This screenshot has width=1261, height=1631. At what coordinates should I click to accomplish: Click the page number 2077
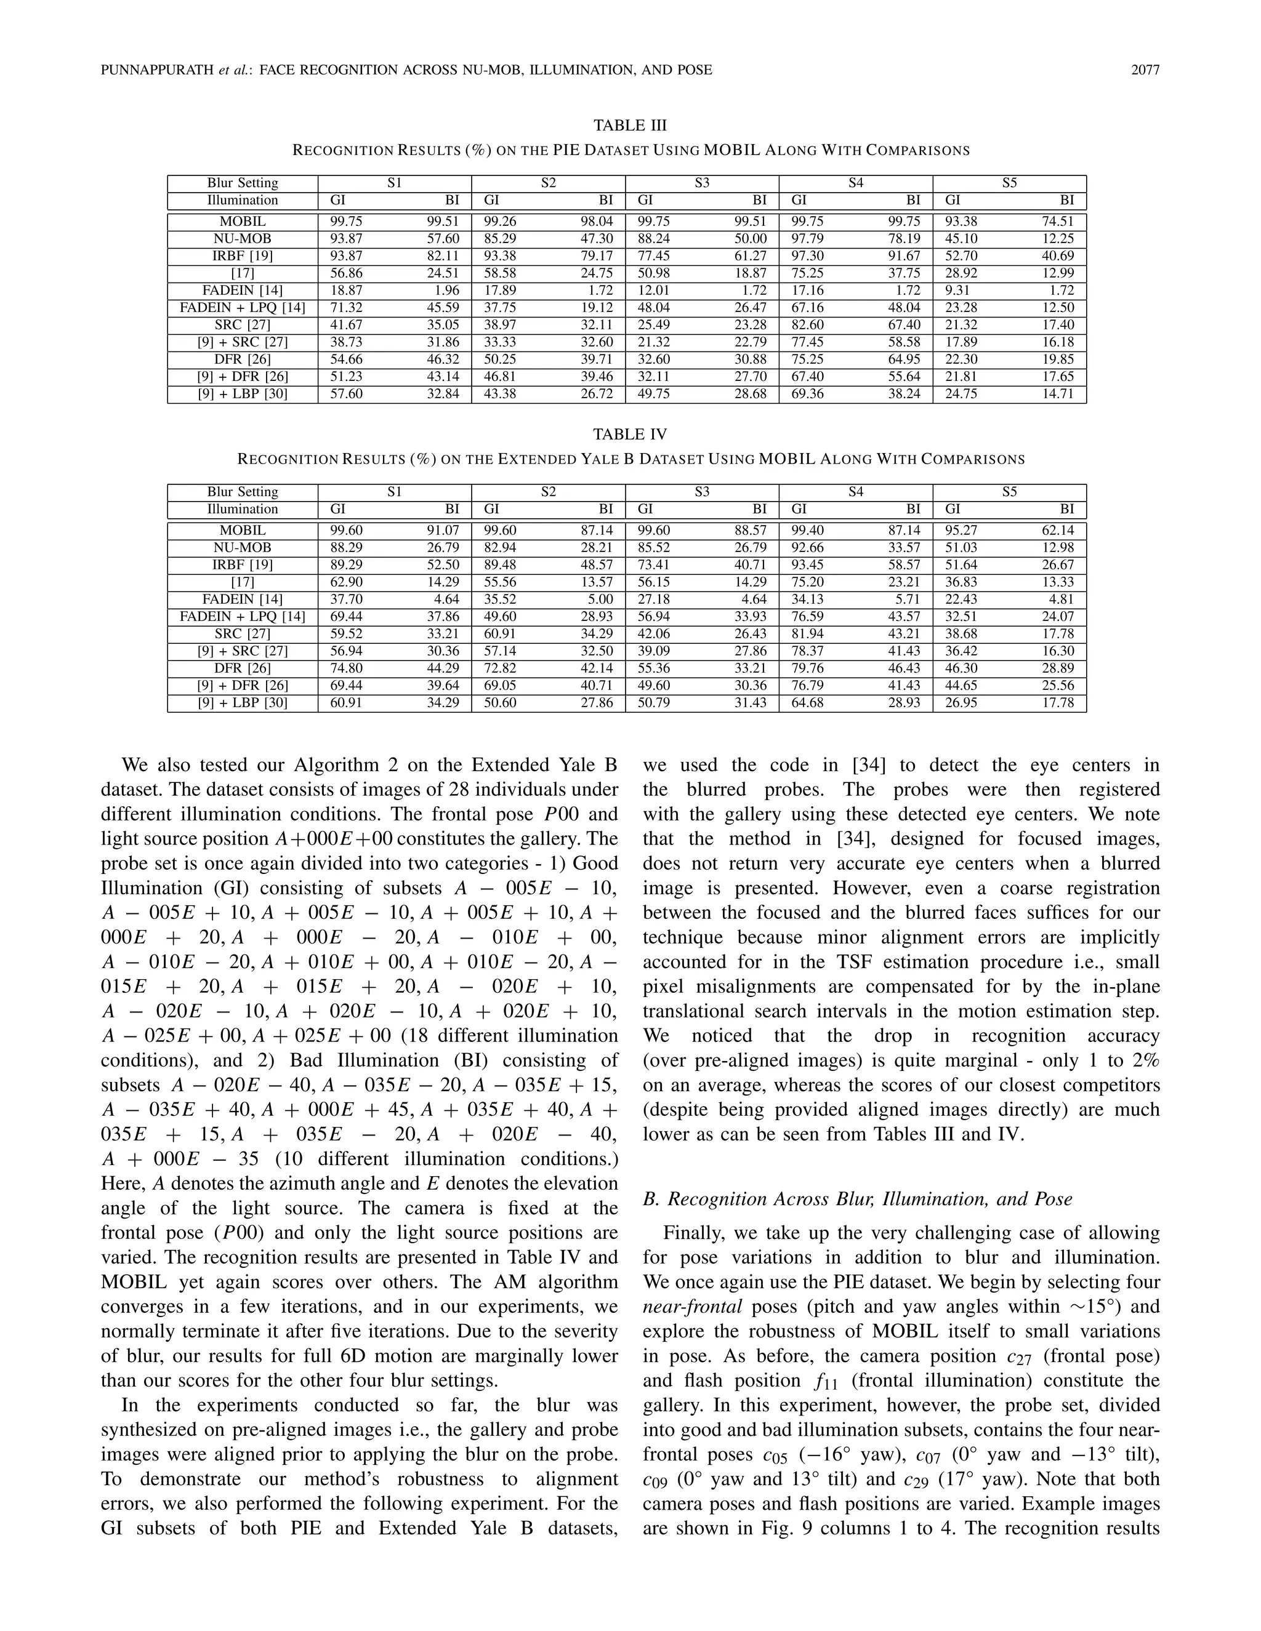pos(1145,70)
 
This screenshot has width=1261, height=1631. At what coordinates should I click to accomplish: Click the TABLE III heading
pos(630,125)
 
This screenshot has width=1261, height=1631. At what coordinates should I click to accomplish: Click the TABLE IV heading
pos(630,434)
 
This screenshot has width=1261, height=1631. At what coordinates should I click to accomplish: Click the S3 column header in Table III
pos(701,183)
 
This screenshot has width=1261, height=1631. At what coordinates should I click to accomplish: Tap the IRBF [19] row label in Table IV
pos(242,564)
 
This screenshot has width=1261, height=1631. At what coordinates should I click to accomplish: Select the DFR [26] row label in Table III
pos(242,359)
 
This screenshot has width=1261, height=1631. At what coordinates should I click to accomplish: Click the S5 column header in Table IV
pos(1009,491)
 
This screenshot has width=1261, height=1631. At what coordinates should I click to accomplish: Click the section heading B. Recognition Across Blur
pos(857,1198)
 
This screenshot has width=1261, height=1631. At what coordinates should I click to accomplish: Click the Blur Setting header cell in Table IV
pos(242,491)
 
